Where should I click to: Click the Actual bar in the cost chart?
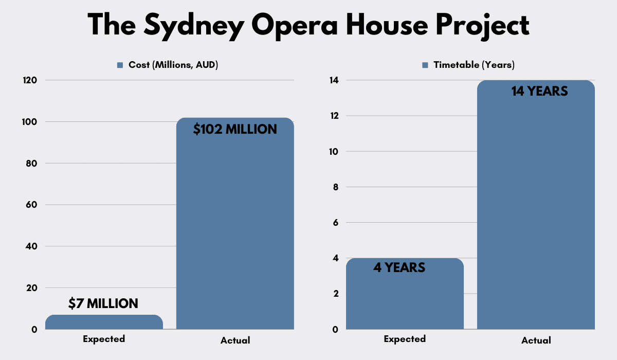(235, 231)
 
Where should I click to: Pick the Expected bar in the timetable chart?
(405, 298)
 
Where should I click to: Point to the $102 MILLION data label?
(235, 129)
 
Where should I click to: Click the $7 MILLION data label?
(103, 304)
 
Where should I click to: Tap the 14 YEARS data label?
(539, 92)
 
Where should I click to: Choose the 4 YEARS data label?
(399, 268)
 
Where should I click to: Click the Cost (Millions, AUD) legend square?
(120, 65)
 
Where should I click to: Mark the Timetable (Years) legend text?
(474, 65)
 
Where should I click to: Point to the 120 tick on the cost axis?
(30, 80)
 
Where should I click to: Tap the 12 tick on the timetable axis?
(335, 116)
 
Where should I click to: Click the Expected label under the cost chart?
(104, 339)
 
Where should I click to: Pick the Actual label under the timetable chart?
(536, 340)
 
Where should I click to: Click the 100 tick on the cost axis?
(30, 122)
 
